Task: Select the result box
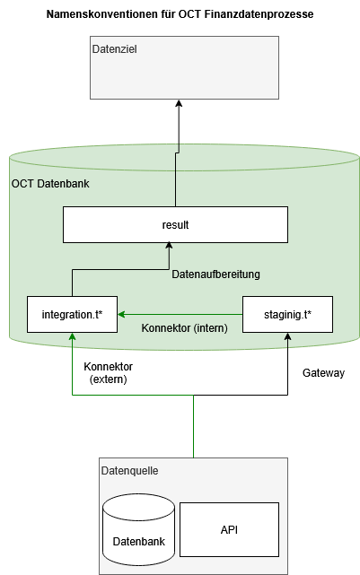point(175,224)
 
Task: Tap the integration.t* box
point(73,314)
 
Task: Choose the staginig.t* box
point(288,314)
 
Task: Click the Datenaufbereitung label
point(215,274)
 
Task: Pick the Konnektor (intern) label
point(184,328)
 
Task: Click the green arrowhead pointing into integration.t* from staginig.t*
point(122,314)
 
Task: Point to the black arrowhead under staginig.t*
point(288,337)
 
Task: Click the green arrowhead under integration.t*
point(72,337)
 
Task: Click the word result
point(175,224)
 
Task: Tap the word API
point(229,529)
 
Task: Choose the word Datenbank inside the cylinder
point(138,542)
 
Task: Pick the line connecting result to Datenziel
point(176,179)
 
